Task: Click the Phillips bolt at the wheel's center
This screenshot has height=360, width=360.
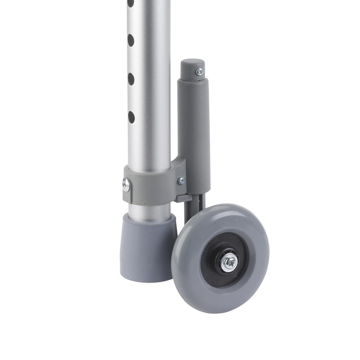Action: tap(231, 261)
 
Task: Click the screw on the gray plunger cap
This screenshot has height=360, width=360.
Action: tap(200, 71)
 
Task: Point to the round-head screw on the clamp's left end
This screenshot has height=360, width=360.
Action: tap(126, 185)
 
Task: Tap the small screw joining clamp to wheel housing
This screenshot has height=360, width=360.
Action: tap(181, 181)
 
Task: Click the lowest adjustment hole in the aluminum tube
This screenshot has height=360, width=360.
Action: tap(131, 117)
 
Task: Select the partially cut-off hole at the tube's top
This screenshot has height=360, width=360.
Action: tap(130, 3)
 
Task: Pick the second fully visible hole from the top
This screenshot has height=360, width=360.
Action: tap(131, 79)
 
